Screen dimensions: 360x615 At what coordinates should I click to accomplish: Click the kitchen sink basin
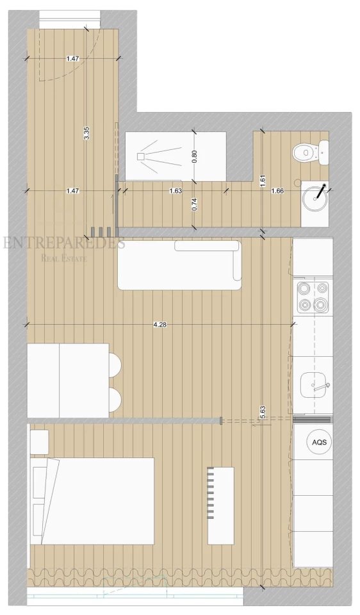pos(314,386)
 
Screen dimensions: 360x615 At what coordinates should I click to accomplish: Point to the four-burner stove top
pos(313,296)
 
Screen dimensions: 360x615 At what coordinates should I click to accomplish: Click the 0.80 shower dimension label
pos(195,157)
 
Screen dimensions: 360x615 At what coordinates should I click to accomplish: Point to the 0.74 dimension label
pos(195,205)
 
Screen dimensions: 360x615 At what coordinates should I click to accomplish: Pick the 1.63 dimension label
pos(176,191)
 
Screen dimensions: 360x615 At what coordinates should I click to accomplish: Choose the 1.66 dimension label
pos(277,191)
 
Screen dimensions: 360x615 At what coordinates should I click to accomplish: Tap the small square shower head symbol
pos(141,156)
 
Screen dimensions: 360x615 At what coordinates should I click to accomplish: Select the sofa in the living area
pos(179,265)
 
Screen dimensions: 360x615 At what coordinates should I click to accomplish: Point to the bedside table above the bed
pos(40,442)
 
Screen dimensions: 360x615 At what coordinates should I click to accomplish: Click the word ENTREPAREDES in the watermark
pos(64,243)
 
